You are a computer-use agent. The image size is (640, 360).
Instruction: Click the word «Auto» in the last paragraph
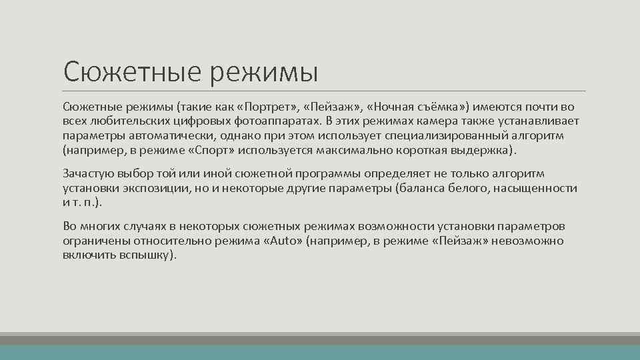coord(283,241)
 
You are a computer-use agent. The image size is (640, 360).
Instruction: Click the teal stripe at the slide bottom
coord(320,352)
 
